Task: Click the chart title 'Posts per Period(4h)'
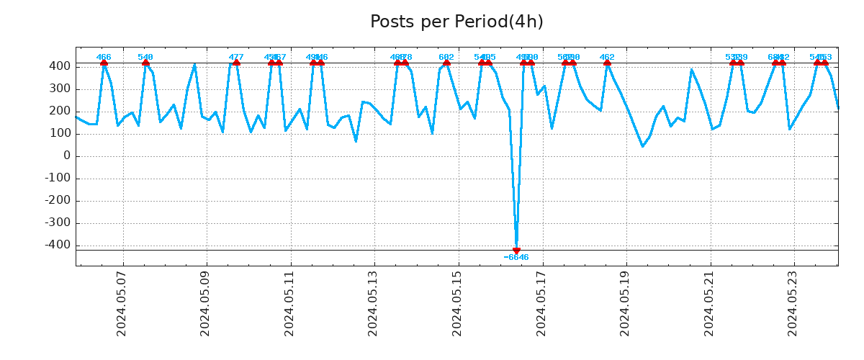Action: (456, 22)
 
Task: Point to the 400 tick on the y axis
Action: (60, 66)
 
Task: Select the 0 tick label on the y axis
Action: (66, 156)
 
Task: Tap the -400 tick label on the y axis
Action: (57, 245)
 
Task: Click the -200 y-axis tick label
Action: (57, 200)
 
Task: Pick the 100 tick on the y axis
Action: (60, 133)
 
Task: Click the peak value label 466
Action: (104, 57)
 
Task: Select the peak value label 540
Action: (145, 57)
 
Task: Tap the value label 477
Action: (236, 57)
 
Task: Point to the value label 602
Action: (446, 57)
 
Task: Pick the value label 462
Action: (607, 57)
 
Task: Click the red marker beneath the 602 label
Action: (446, 63)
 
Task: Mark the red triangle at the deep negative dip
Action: (516, 251)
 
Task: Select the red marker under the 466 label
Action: (104, 63)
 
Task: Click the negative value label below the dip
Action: (516, 258)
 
